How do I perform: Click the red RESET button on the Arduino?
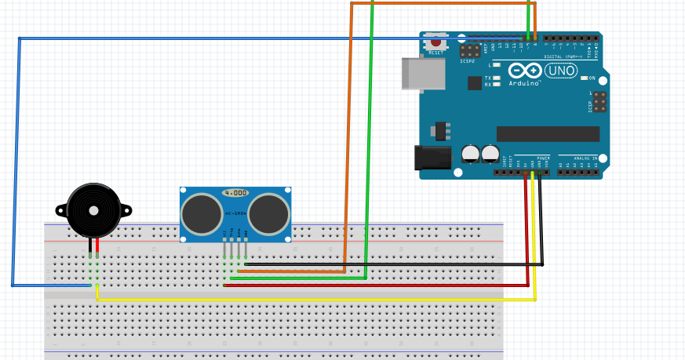click(x=435, y=44)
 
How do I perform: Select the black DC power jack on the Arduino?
click(x=432, y=157)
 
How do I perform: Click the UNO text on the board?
click(x=561, y=71)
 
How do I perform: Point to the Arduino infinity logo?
click(x=524, y=71)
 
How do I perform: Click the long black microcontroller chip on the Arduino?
click(x=548, y=134)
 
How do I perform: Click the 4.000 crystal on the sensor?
click(x=236, y=192)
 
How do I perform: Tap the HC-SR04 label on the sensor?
click(x=236, y=213)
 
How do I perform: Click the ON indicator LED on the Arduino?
click(x=584, y=78)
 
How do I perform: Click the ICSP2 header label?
click(x=468, y=60)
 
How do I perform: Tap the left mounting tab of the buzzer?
click(x=61, y=210)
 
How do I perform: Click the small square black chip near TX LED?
click(x=474, y=82)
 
